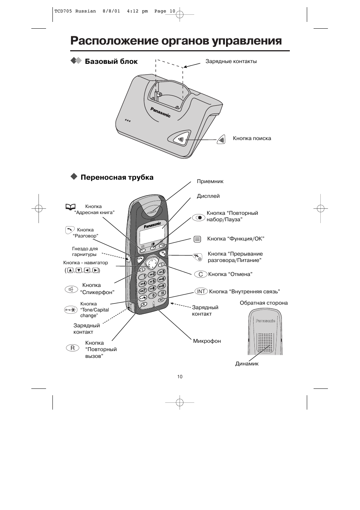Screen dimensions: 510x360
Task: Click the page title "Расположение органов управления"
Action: (176, 41)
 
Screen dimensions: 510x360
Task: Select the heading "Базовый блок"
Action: (111, 61)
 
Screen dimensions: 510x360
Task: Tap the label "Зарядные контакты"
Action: (231, 61)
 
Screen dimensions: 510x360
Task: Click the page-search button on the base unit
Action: (181, 139)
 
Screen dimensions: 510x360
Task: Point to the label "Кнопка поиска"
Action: (252, 138)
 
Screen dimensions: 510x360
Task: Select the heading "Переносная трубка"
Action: (117, 177)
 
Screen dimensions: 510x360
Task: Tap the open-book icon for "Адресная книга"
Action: (70, 206)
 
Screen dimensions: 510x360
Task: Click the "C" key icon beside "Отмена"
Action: (201, 274)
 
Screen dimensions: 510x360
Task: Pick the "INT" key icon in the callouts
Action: (201, 291)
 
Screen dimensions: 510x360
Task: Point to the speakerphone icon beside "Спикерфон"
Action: (71, 289)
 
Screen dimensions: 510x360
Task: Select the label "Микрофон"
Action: (207, 341)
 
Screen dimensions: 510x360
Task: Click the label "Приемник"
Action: (210, 181)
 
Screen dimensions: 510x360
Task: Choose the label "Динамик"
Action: (247, 364)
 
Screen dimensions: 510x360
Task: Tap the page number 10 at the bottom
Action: (180, 376)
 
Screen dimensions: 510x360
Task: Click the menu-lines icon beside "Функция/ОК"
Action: (197, 239)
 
